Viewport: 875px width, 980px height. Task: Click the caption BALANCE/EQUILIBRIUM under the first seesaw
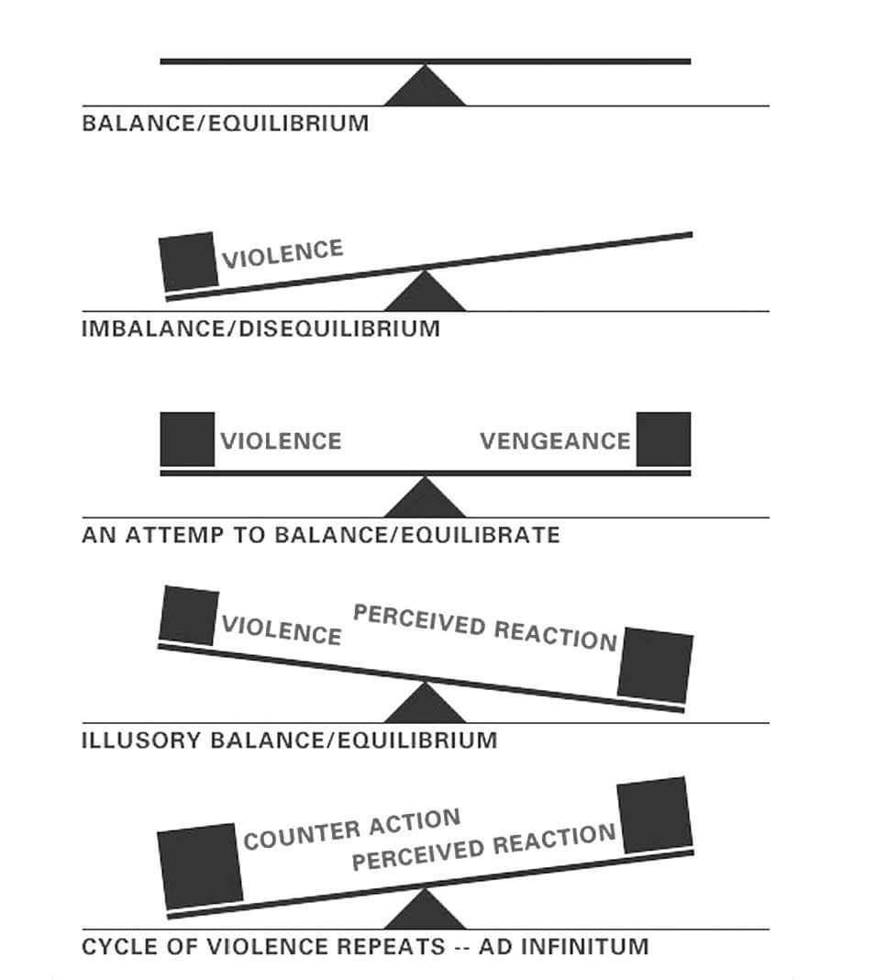tap(226, 123)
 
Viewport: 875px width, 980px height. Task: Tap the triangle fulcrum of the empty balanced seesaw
tap(425, 86)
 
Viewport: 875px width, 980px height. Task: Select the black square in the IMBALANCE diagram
tap(189, 262)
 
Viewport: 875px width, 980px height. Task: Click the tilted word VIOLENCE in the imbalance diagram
tap(282, 254)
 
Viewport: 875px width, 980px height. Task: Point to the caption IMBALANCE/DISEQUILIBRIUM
tap(261, 329)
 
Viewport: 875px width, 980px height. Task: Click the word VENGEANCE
tap(555, 441)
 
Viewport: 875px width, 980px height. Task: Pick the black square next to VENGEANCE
tap(663, 439)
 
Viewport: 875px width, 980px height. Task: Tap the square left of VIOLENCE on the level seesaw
tap(187, 439)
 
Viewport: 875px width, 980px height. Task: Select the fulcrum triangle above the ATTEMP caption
tap(425, 498)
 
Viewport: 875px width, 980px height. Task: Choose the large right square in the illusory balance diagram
tap(655, 665)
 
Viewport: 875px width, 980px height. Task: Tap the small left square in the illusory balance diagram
tap(189, 616)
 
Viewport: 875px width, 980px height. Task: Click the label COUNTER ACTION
tap(352, 830)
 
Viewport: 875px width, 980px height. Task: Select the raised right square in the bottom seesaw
tap(655, 815)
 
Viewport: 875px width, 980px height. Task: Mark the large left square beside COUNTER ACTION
tap(200, 866)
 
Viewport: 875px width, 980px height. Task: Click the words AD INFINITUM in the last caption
tap(564, 946)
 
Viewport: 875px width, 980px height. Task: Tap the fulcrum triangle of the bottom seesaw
tap(425, 909)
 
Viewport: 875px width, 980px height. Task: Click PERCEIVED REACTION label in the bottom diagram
tap(484, 847)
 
